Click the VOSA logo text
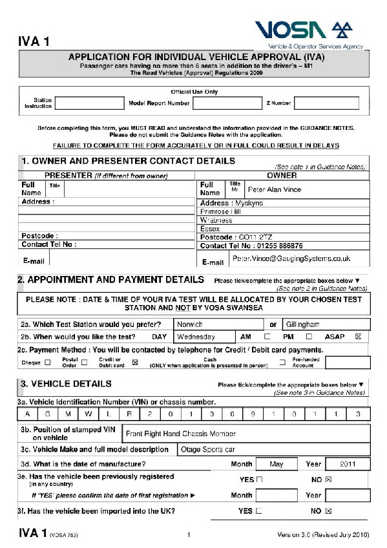pos(291,30)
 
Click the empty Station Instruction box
pos(89,103)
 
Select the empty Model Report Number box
pos(226,103)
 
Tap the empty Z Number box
pos(326,103)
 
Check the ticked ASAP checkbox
pos(359,337)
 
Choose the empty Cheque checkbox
pos(47,363)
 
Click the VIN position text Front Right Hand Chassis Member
pos(181,434)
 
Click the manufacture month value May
pos(276,464)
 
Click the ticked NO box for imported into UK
pos(328,511)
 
